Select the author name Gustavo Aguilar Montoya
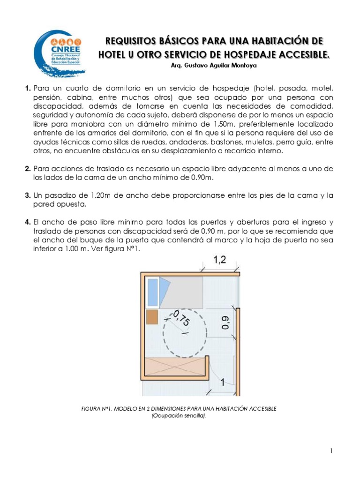pos(219,66)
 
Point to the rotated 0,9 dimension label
pos(225,324)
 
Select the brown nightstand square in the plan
pos(152,317)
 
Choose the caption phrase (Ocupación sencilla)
pos(180,416)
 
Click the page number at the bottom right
pos(331,451)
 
